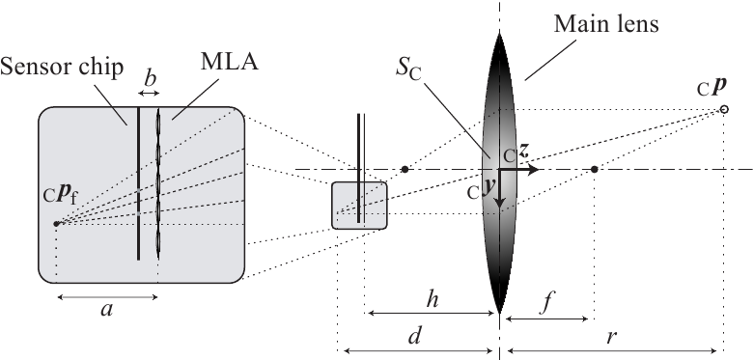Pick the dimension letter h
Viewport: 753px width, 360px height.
pos(432,299)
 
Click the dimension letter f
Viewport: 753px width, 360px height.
pos(547,299)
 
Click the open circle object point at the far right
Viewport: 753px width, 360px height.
pos(723,110)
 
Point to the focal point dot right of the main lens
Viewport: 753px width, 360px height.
pos(594,169)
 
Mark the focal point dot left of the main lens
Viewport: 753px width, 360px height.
pos(404,169)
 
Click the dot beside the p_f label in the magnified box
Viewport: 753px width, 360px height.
pos(56,224)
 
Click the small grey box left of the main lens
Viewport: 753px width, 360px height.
pos(359,205)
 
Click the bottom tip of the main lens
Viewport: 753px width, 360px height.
pos(499,311)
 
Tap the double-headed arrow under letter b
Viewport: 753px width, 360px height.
pos(148,93)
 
